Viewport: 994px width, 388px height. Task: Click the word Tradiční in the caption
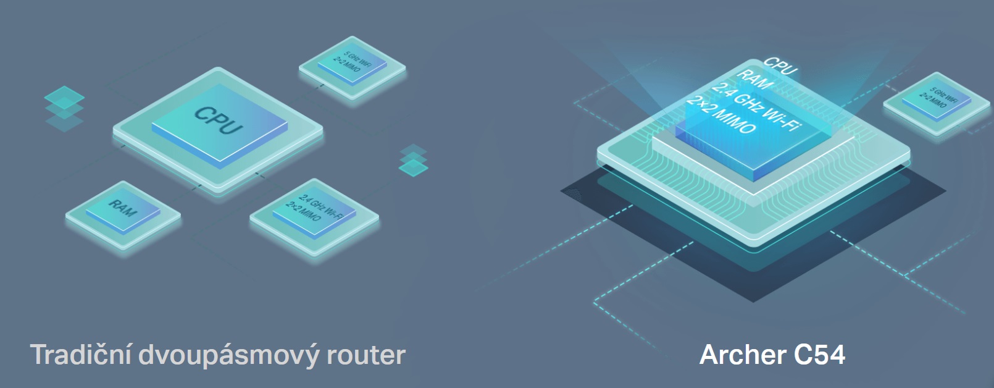tap(81, 355)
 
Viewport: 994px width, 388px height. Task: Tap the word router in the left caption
tap(365, 355)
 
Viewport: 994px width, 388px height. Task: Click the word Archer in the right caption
tap(742, 355)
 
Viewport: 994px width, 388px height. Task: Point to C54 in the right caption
tap(819, 355)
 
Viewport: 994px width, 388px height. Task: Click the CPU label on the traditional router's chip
tap(219, 120)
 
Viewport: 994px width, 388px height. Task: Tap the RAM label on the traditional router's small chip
tap(123, 208)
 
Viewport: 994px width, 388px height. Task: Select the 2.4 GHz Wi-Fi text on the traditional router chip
tap(321, 204)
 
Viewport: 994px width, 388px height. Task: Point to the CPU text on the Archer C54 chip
tap(780, 65)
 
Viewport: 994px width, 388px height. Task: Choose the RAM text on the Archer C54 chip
tap(754, 80)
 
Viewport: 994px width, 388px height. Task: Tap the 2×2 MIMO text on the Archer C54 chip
tap(721, 115)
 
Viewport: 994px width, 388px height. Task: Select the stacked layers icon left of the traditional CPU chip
tap(64, 109)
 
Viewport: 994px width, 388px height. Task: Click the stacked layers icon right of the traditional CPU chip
tap(414, 160)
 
